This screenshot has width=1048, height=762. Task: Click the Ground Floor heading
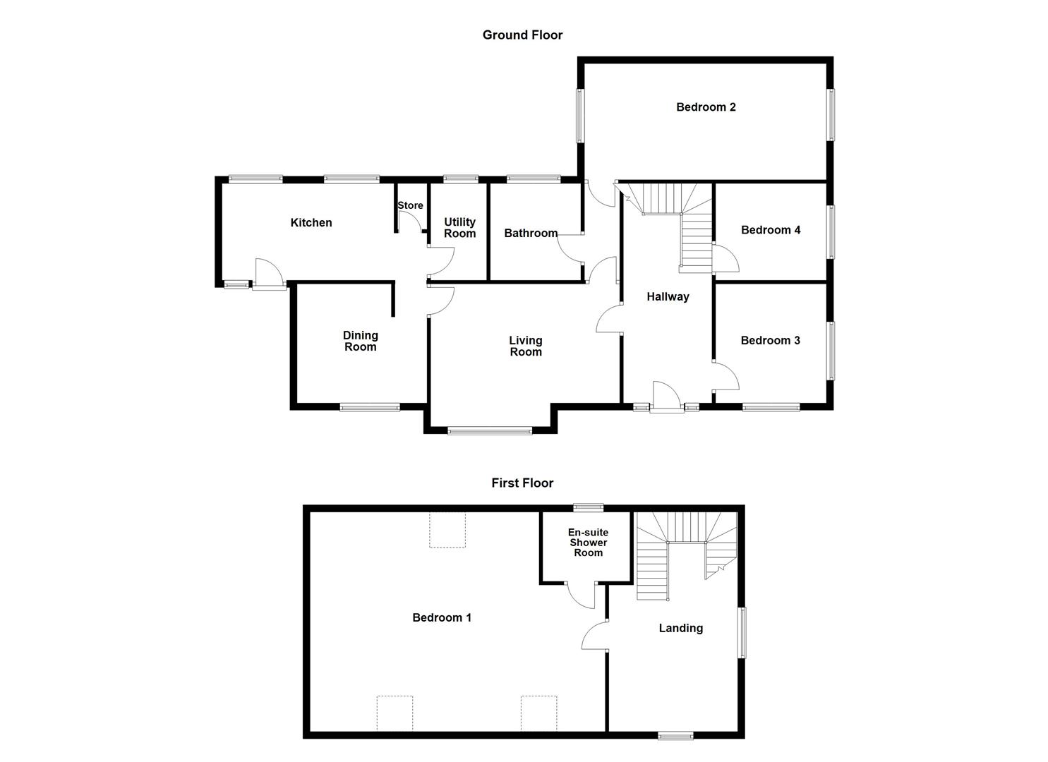pyautogui.click(x=522, y=35)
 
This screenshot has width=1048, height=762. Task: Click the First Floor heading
pyautogui.click(x=522, y=483)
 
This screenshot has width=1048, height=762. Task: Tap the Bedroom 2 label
pyautogui.click(x=706, y=107)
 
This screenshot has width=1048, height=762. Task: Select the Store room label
pyautogui.click(x=410, y=205)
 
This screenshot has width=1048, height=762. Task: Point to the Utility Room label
pyautogui.click(x=459, y=228)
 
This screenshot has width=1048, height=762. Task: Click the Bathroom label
pyautogui.click(x=531, y=233)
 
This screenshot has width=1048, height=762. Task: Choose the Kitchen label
pyautogui.click(x=311, y=222)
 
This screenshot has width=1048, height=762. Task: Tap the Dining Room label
pyautogui.click(x=360, y=341)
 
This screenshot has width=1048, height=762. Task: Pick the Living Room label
pyautogui.click(x=526, y=346)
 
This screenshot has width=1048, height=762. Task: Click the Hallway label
pyautogui.click(x=668, y=296)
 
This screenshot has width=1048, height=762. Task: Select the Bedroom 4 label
pyautogui.click(x=771, y=229)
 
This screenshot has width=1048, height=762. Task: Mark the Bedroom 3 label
pyautogui.click(x=770, y=340)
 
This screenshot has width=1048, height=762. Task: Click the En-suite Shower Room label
pyautogui.click(x=588, y=543)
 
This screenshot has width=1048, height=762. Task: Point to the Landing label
pyautogui.click(x=680, y=628)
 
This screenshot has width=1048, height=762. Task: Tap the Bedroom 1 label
pyautogui.click(x=442, y=617)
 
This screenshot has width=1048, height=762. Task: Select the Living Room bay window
pyautogui.click(x=490, y=430)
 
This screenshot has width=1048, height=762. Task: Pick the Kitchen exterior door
pyautogui.click(x=268, y=275)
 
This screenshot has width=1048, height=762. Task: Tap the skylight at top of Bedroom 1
pyautogui.click(x=447, y=530)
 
